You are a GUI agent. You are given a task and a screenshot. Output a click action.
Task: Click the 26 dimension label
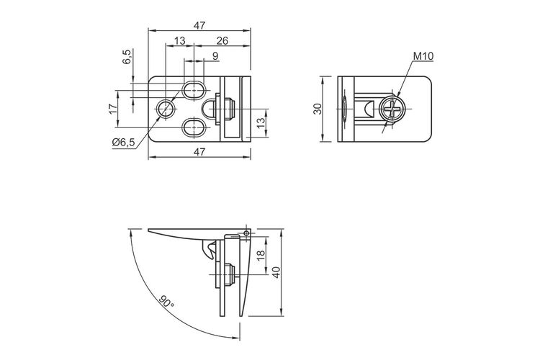pos(222,40)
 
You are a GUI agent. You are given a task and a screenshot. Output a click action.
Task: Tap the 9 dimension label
pos(215,56)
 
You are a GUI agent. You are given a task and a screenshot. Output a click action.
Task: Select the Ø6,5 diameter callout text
pos(124,142)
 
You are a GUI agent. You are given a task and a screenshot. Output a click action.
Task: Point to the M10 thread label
pos(423,56)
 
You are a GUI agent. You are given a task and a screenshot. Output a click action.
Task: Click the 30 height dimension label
pos(318,109)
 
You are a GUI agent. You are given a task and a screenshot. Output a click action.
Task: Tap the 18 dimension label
pos(261,255)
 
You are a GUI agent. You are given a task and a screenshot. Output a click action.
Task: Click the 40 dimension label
pos(276,272)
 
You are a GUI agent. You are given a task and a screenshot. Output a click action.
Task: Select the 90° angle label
pos(167,301)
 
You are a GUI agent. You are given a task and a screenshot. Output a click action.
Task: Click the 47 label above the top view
pos(199,25)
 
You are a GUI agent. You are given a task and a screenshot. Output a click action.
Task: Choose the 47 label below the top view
pos(199,152)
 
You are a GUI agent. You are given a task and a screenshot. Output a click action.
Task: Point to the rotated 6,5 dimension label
pos(127,56)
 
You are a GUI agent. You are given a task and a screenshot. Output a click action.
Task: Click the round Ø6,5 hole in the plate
pos(166,109)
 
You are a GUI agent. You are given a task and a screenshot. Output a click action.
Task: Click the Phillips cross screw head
pos(392,109)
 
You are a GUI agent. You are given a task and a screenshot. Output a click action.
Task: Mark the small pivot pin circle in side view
pos(246,233)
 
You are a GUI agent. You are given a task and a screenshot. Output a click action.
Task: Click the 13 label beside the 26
pos(180,40)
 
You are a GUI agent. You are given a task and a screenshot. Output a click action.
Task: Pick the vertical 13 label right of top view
pos(261,122)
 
